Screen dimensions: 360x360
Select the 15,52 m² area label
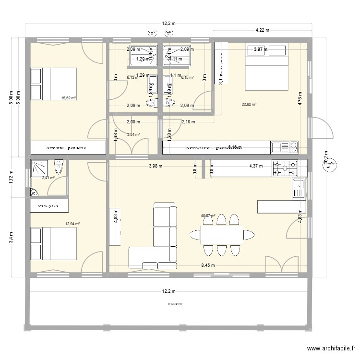pos(69,98)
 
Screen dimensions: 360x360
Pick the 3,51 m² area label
pos(133,134)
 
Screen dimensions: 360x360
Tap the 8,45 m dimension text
pos(208,265)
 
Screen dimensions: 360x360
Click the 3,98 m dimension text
pos(155,166)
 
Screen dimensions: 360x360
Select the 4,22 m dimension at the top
pos(262,30)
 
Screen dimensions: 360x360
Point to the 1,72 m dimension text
pos(12,176)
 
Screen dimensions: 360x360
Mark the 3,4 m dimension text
pos(12,237)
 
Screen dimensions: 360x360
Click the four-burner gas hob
pos(285,168)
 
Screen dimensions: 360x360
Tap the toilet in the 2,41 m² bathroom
pos(59,168)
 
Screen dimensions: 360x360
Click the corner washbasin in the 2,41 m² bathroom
pos(35,192)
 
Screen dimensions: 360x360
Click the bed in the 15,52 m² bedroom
pos(53,84)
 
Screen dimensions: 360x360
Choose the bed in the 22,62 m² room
pos(267,67)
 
